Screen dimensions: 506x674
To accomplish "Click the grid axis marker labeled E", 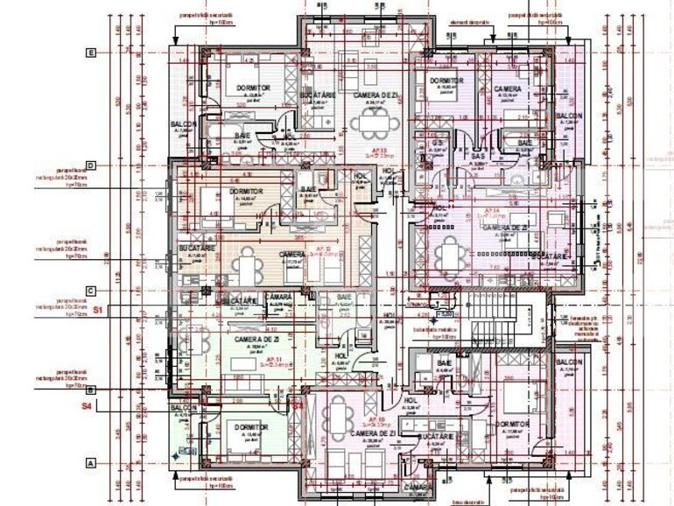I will click(x=90, y=53).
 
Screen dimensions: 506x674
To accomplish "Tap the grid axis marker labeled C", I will click(x=90, y=291).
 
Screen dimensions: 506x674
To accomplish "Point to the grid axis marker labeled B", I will click(x=90, y=390).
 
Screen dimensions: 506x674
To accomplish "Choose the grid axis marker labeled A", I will click(x=90, y=463).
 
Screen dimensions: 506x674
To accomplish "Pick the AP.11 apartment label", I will click(x=273, y=359).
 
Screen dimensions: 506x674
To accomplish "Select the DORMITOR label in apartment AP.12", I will click(x=247, y=191).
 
